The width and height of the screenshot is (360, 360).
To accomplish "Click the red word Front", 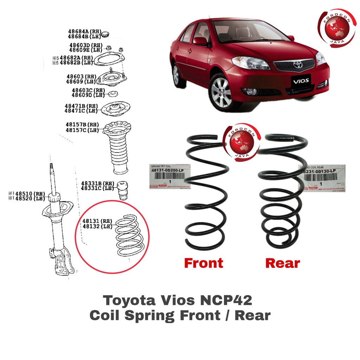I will [x=204, y=263].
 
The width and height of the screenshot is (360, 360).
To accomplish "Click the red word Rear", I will [x=283, y=263].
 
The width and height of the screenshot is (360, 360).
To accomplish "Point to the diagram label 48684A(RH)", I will [x=83, y=31].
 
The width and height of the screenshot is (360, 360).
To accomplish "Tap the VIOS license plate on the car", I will [x=301, y=80].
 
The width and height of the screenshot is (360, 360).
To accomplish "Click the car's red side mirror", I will [x=200, y=41].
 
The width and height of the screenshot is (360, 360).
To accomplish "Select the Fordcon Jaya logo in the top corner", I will [x=336, y=27].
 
